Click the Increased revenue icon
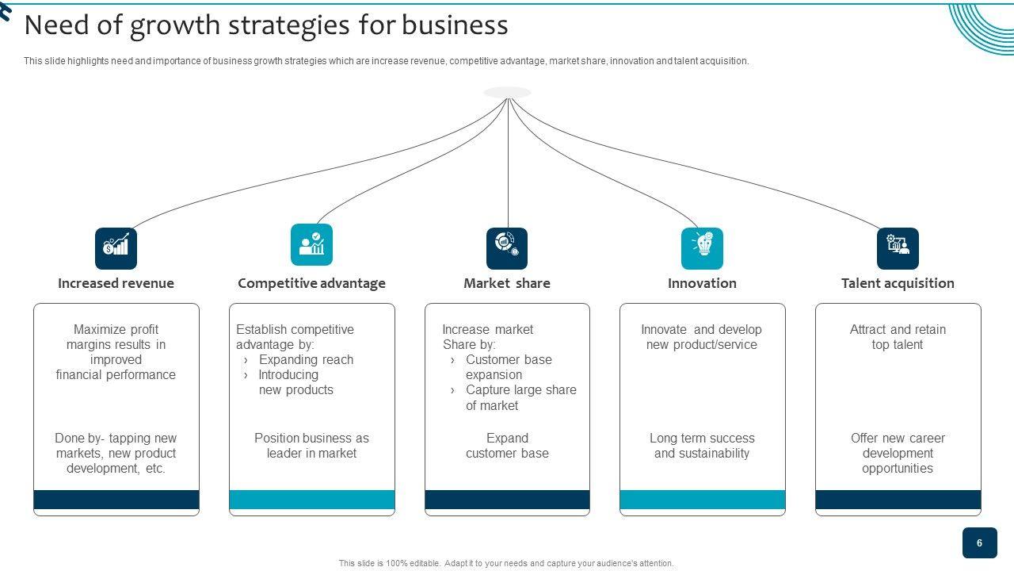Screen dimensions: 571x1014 (116, 248)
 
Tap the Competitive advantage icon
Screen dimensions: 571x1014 (311, 244)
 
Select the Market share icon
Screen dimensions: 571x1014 (507, 248)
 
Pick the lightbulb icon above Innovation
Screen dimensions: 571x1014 (702, 248)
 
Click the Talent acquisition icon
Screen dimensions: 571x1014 (898, 248)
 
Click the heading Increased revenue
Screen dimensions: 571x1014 (116, 283)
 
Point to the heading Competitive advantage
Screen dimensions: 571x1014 (311, 283)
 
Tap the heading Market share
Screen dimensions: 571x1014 (507, 283)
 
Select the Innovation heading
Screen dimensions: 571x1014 (702, 283)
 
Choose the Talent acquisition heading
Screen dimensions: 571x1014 (898, 283)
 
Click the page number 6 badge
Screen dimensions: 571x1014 (979, 543)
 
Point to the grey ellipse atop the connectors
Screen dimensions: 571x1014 (507, 93)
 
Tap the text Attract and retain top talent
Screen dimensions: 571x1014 (898, 337)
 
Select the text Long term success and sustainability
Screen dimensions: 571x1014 (702, 446)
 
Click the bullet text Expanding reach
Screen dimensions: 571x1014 (306, 360)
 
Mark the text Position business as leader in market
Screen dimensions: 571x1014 (311, 446)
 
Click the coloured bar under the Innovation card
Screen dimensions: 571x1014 (702, 500)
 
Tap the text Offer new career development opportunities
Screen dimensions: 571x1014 (898, 453)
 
